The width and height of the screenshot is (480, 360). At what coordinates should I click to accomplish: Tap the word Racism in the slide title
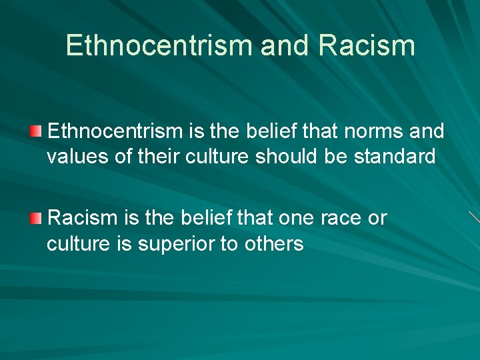367,45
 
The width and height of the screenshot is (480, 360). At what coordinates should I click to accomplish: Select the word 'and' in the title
285,45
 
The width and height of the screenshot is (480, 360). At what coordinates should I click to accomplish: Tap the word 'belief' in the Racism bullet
192,218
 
